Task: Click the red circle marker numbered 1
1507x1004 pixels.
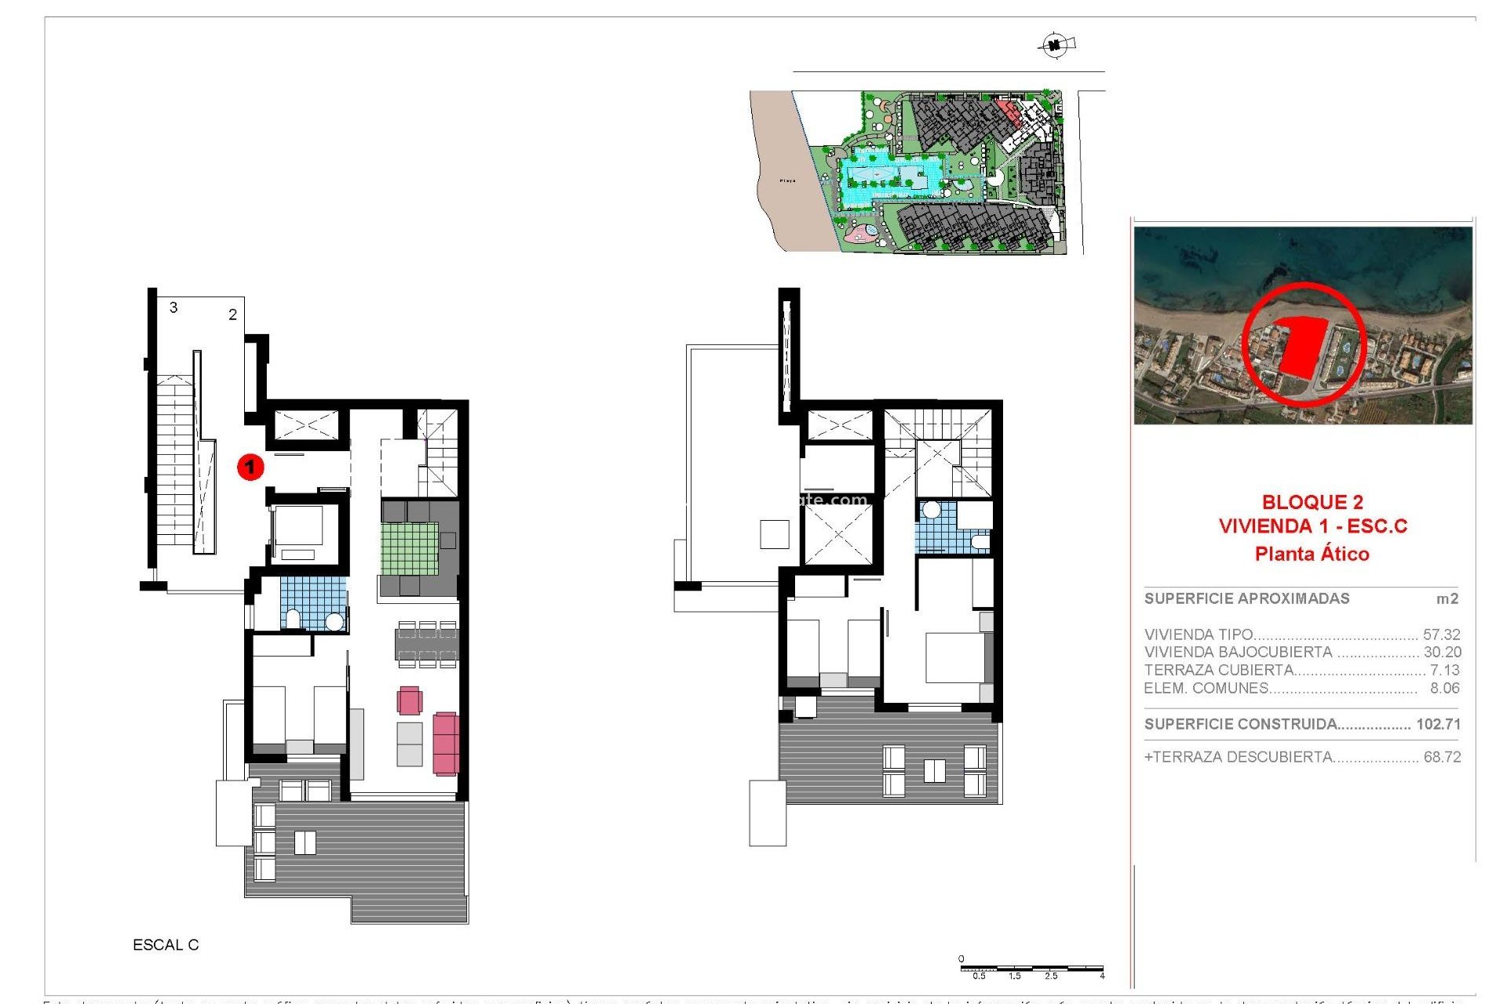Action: [x=250, y=467]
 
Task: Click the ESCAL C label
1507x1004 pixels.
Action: [x=166, y=945]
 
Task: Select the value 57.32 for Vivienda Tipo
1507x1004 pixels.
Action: [x=1441, y=634]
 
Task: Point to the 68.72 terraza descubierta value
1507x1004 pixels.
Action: [x=1441, y=757]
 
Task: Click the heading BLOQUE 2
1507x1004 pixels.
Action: [x=1312, y=502]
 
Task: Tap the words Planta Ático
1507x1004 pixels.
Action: [x=1312, y=554]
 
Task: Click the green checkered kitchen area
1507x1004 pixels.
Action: [x=409, y=548]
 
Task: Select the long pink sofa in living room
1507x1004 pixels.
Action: [x=445, y=743]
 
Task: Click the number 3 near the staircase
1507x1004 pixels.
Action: [x=173, y=307]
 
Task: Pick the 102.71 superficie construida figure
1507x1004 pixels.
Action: [x=1438, y=724]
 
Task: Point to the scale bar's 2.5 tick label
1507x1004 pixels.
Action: [x=1050, y=977]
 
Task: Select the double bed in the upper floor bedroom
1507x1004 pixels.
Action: [x=956, y=657]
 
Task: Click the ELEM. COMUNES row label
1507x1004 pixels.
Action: [x=1206, y=688]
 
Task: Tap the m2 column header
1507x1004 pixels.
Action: [x=1447, y=598]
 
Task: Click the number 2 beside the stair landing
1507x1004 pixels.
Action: [x=232, y=315]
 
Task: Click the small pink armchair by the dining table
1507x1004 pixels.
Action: [x=409, y=700]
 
